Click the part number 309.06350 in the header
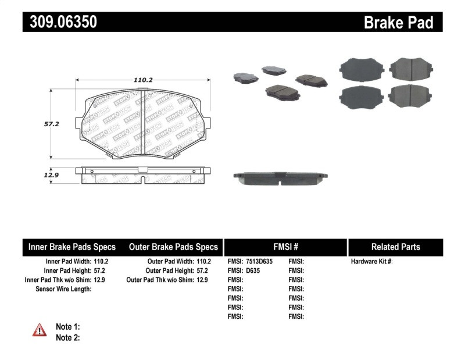pos(60,22)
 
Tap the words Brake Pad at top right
pos(398,23)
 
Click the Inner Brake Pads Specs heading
pos(72,247)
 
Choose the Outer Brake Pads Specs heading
pos(173,247)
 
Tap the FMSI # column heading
pos(285,247)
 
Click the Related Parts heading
pos(395,247)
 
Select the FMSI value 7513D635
pos(259,262)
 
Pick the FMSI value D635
pos(252,270)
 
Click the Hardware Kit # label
pos(371,262)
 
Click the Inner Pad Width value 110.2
pos(101,262)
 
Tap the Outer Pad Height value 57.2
pos(202,270)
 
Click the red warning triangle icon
pos(40,330)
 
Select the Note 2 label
pos(67,337)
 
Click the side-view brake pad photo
pos(280,178)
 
